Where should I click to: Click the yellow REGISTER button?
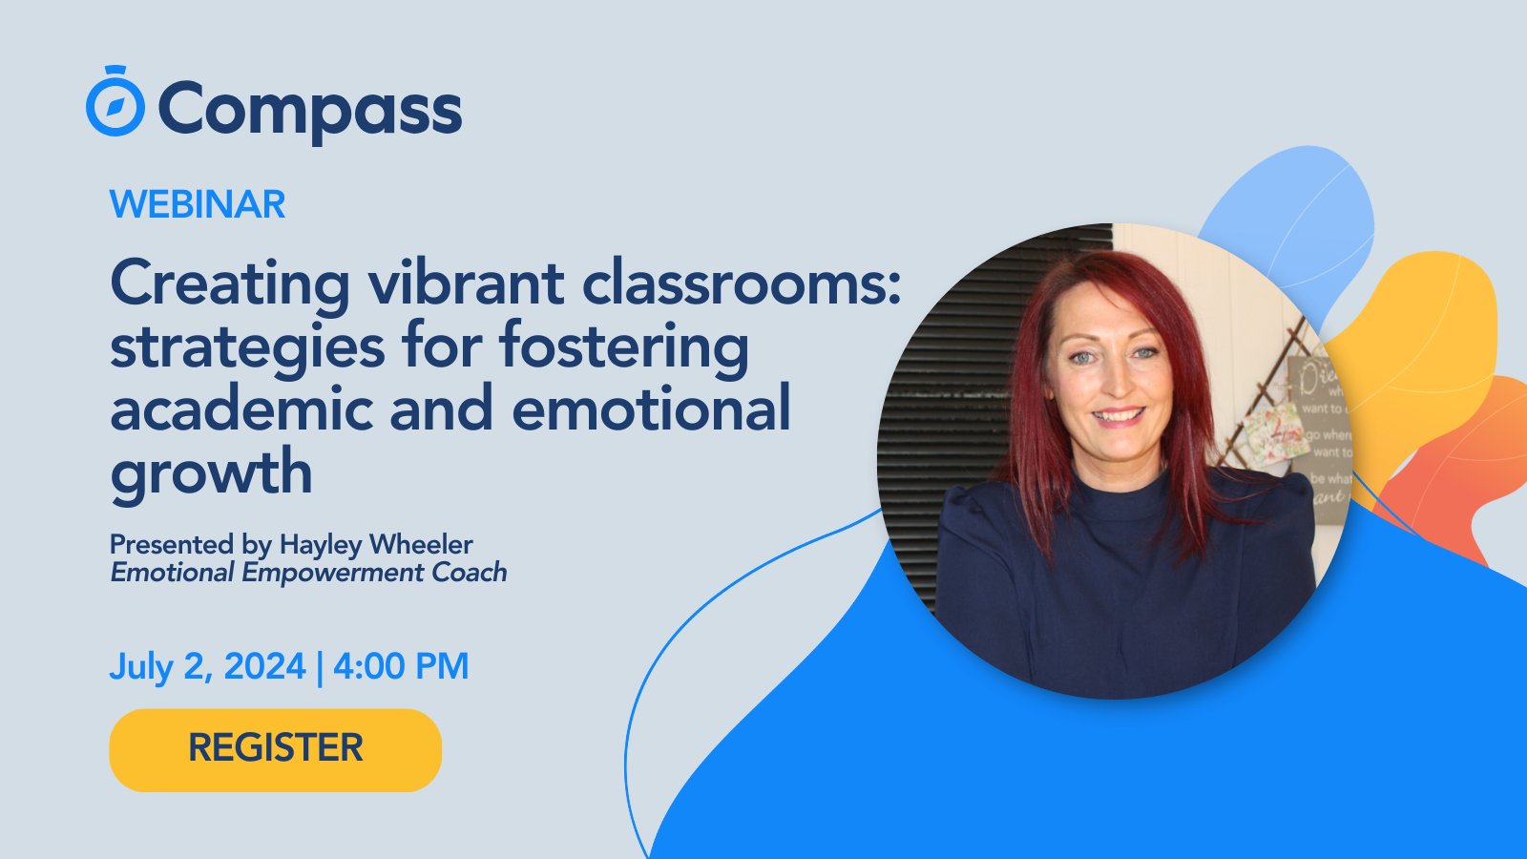click(x=275, y=749)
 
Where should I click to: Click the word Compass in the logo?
click(x=309, y=110)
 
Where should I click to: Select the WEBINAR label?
click(x=198, y=204)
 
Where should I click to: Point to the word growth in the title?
click(x=211, y=472)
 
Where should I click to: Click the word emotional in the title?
click(x=651, y=409)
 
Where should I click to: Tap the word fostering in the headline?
click(x=624, y=346)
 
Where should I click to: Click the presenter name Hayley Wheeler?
click(x=376, y=544)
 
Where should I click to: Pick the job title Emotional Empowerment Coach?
click(x=308, y=573)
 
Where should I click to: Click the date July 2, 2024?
click(x=207, y=666)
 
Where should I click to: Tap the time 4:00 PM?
click(x=401, y=666)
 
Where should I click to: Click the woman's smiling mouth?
click(x=1118, y=416)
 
